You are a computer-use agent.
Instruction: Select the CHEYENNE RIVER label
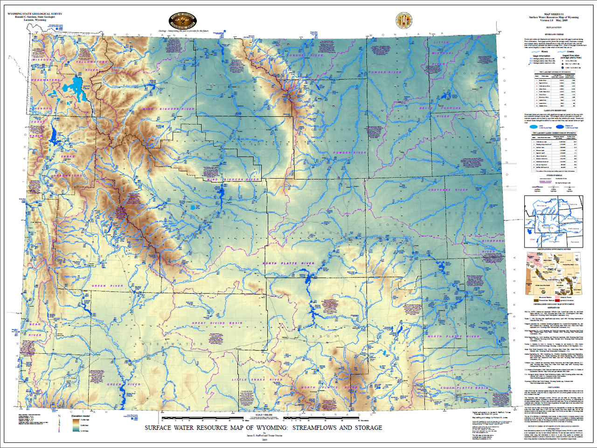click(x=448, y=190)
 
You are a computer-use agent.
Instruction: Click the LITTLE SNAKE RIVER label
click(x=257, y=380)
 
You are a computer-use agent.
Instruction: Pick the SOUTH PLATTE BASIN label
click(x=465, y=388)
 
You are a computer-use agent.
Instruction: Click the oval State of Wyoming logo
click(x=183, y=20)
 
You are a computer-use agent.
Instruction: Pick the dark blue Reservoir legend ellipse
click(x=564, y=126)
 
